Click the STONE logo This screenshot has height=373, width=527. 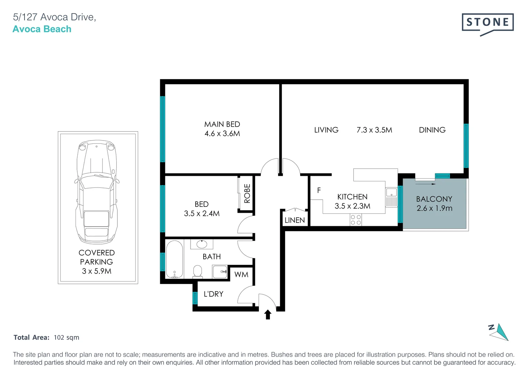[x=487, y=23]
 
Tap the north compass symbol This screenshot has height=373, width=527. [x=499, y=332]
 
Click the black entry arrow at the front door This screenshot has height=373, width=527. [x=268, y=315]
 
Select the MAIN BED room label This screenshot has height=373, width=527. [x=222, y=124]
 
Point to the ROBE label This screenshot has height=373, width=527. [x=247, y=193]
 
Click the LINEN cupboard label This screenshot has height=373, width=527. [x=294, y=220]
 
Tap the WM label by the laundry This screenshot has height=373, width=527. [x=241, y=275]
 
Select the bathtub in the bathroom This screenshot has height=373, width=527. [x=174, y=259]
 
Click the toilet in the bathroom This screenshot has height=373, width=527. [x=197, y=271]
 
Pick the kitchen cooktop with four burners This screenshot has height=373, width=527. [x=356, y=220]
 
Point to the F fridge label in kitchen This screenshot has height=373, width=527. [x=319, y=190]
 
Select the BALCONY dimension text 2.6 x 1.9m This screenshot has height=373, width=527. [x=434, y=208]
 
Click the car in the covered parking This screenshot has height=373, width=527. [x=97, y=192]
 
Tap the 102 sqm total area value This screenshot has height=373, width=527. [x=66, y=337]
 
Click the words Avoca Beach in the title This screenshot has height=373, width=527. [x=42, y=29]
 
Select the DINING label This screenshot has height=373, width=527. [x=432, y=130]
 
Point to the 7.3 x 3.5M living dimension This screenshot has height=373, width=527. [x=374, y=130]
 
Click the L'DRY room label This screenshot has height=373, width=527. [x=213, y=294]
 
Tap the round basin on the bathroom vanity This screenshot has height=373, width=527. [x=202, y=245]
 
